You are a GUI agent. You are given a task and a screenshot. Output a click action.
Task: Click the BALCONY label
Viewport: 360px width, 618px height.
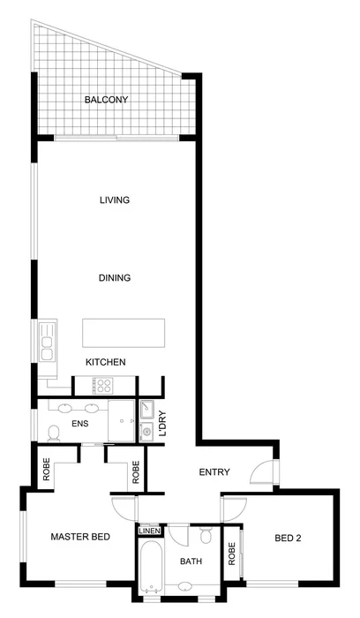pos(106,100)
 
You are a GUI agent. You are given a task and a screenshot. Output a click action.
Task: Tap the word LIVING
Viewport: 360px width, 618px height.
pos(114,200)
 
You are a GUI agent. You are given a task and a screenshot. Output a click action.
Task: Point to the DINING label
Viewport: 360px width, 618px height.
pos(114,278)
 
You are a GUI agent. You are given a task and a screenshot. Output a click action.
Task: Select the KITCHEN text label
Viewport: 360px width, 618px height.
pos(105,363)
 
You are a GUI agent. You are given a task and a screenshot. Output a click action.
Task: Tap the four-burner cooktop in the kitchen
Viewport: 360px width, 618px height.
pos(103,385)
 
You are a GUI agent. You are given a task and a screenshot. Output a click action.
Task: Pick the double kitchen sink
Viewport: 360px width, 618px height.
pos(46,341)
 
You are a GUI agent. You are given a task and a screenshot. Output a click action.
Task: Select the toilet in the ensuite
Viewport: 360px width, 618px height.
pos(53,432)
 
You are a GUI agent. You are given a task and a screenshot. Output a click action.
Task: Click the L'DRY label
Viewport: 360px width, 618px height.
pos(162,424)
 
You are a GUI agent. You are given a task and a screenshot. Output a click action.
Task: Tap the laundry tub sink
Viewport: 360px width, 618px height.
pos(147,431)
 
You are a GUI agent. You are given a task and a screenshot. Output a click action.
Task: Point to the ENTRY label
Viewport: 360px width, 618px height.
pos(214,473)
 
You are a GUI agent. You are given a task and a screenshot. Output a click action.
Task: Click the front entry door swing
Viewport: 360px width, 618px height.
pos(262,474)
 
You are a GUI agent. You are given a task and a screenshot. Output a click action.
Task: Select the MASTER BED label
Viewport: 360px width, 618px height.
pos(80,537)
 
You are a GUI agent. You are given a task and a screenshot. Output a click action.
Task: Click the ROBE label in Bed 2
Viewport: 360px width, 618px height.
pos(233,553)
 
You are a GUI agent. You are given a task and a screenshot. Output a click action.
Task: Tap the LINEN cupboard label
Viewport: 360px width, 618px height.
pos(148,531)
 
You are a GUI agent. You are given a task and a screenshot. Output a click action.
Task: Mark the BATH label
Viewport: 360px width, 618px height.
pos(191,561)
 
